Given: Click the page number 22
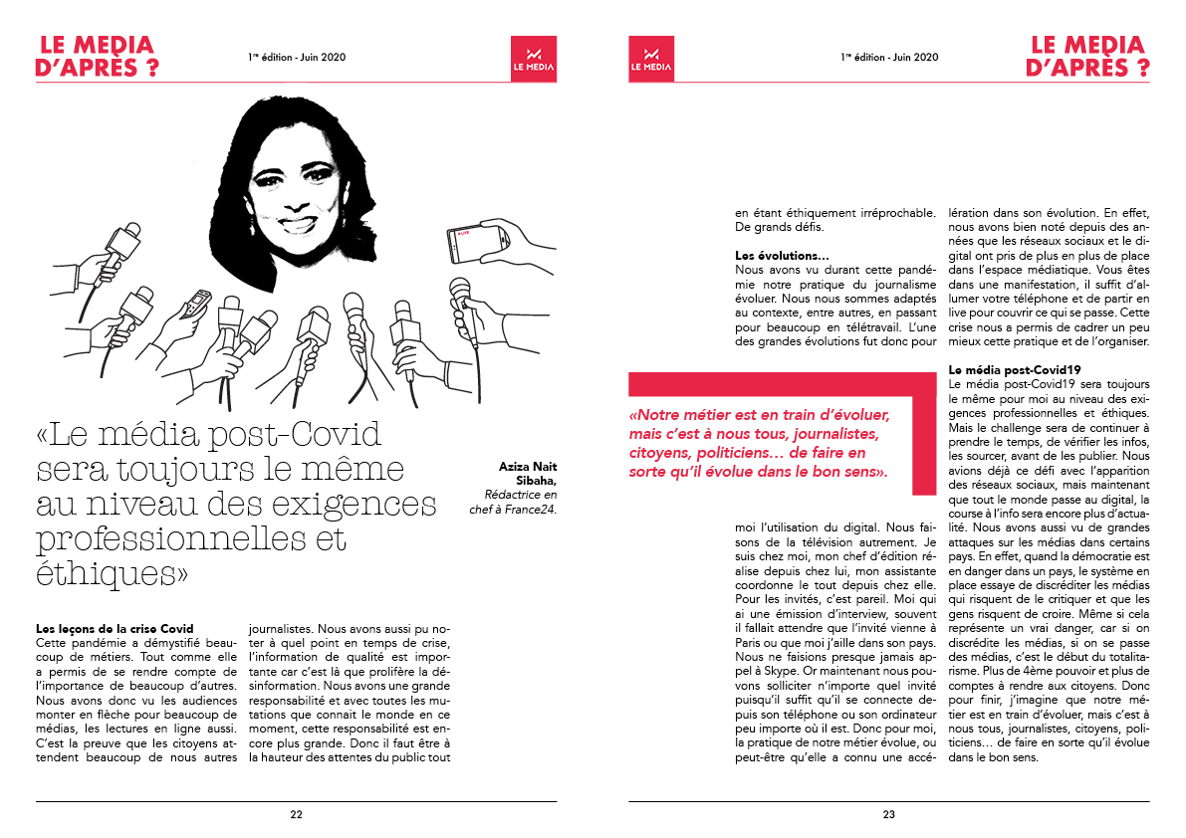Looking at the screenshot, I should pyautogui.click(x=296, y=814).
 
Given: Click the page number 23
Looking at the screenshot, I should pyautogui.click(x=888, y=814).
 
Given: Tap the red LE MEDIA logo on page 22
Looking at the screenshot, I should pyautogui.click(x=533, y=59).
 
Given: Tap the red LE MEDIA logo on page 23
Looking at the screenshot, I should pyautogui.click(x=651, y=59).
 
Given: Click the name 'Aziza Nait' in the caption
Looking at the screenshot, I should pyautogui.click(x=530, y=465).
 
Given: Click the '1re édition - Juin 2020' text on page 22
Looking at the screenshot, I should pyautogui.click(x=297, y=58).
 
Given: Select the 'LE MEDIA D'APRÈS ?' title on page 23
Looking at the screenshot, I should pyautogui.click(x=1089, y=57).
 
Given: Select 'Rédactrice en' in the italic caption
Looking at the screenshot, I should pyautogui.click(x=521, y=495).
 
